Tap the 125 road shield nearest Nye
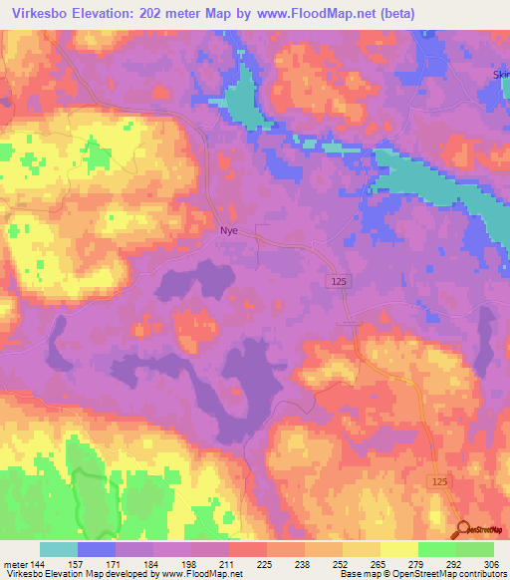[x=339, y=284]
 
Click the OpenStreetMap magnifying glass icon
[x=463, y=530]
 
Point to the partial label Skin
[x=500, y=74]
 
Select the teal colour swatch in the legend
[x=59, y=549]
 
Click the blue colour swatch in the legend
[x=97, y=549]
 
